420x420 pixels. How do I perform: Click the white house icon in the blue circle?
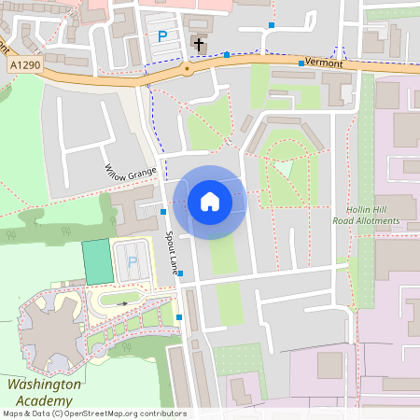pyautogui.click(x=209, y=202)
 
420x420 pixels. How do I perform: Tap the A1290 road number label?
pyautogui.click(x=27, y=64)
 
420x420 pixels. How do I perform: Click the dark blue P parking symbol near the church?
pyautogui.click(x=162, y=36)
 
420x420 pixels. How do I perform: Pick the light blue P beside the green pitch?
pyautogui.click(x=132, y=262)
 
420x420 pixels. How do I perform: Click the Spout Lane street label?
pyautogui.click(x=173, y=253)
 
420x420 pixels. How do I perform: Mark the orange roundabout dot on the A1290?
pyautogui.click(x=188, y=68)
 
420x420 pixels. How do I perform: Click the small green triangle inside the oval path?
pyautogui.click(x=282, y=168)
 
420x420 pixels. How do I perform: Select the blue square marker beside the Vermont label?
pyautogui.click(x=301, y=63)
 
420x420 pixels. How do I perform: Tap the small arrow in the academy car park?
pyautogui.click(x=121, y=302)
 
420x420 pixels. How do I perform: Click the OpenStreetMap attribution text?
pyautogui.click(x=93, y=413)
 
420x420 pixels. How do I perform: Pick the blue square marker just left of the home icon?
pyautogui.click(x=162, y=211)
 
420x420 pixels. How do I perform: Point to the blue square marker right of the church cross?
pyautogui.click(x=227, y=55)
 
